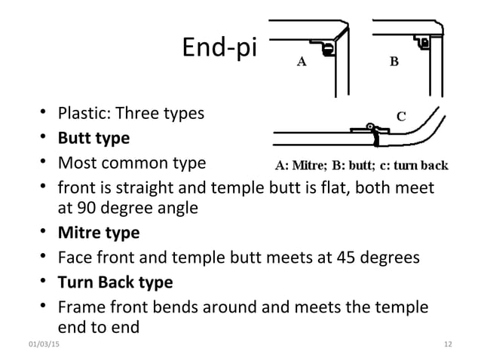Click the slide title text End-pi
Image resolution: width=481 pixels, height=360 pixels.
point(219,47)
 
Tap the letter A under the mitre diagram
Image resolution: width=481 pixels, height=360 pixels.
point(302,62)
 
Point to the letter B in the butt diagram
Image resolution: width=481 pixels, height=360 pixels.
point(394,62)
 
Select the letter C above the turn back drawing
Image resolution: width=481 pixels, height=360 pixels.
point(401,117)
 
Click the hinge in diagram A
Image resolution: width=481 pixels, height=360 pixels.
point(328,49)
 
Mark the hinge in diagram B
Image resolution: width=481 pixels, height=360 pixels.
point(424,43)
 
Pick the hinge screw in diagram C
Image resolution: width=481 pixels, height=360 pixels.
point(370,126)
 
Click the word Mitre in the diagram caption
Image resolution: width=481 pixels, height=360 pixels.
point(308,166)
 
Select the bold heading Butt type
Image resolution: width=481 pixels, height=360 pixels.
point(94,138)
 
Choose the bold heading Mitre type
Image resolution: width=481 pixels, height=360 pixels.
point(99,233)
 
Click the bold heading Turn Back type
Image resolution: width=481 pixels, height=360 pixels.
point(115,282)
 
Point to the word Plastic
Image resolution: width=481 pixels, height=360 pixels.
point(84,113)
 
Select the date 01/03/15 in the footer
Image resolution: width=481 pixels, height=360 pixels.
point(44,344)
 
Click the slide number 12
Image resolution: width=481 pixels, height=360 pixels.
point(448,344)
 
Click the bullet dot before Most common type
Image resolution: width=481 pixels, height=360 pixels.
point(43,161)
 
